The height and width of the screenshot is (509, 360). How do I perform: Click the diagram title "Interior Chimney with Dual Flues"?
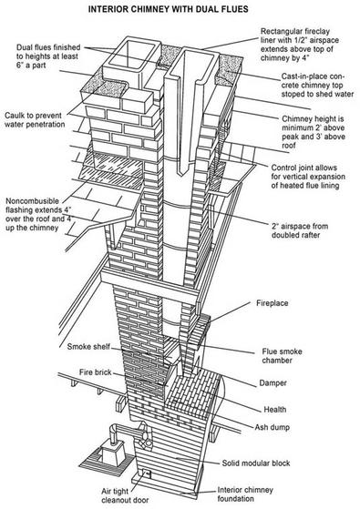pyautogui.click(x=168, y=9)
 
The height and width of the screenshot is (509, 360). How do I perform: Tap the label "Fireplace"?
pyautogui.click(x=272, y=303)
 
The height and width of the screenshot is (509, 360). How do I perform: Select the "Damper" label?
pyautogui.click(x=273, y=383)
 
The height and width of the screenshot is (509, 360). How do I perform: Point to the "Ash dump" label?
pyautogui.click(x=272, y=427)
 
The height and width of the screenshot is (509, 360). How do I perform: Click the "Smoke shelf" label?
pyautogui.click(x=88, y=347)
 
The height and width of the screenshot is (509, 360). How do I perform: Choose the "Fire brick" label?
pyautogui.click(x=95, y=372)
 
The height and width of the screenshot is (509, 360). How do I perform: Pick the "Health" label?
pyautogui.click(x=275, y=410)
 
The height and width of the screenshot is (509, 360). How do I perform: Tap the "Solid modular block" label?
pyautogui.click(x=256, y=463)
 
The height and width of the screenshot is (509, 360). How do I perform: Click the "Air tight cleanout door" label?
pyautogui.click(x=125, y=495)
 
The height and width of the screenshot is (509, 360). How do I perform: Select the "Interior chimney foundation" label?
pyautogui.click(x=245, y=494)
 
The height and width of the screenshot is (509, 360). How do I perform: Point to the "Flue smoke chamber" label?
pyautogui.click(x=282, y=356)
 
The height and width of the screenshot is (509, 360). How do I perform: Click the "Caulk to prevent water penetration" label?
pyautogui.click(x=35, y=120)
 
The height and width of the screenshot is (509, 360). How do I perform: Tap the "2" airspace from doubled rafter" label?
pyautogui.click(x=300, y=230)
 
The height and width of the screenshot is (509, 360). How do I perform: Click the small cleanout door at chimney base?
pyautogui.click(x=148, y=473)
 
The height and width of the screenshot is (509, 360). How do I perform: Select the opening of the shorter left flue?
pyautogui.click(x=132, y=54)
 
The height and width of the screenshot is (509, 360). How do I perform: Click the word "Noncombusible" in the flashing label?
pyautogui.click(x=32, y=201)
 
